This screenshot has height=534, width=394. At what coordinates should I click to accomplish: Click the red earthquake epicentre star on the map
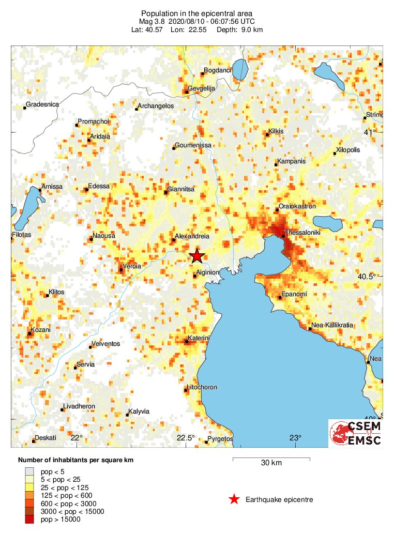pyautogui.click(x=196, y=256)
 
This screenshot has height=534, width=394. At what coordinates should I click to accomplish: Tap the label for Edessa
pyautogui.click(x=99, y=186)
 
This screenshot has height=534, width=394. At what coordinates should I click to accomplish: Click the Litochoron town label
pyautogui.click(x=202, y=387)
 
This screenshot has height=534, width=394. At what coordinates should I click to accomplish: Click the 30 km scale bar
pyautogui.click(x=271, y=459)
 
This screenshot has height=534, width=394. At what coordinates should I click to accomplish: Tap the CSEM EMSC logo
pyautogui.click(x=356, y=433)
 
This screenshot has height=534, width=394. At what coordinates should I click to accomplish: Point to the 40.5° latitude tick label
pyautogui.click(x=367, y=277)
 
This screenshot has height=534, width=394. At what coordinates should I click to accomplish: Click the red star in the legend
pyautogui.click(x=234, y=499)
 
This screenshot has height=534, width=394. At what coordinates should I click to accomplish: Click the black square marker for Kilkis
pyautogui.click(x=267, y=134)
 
